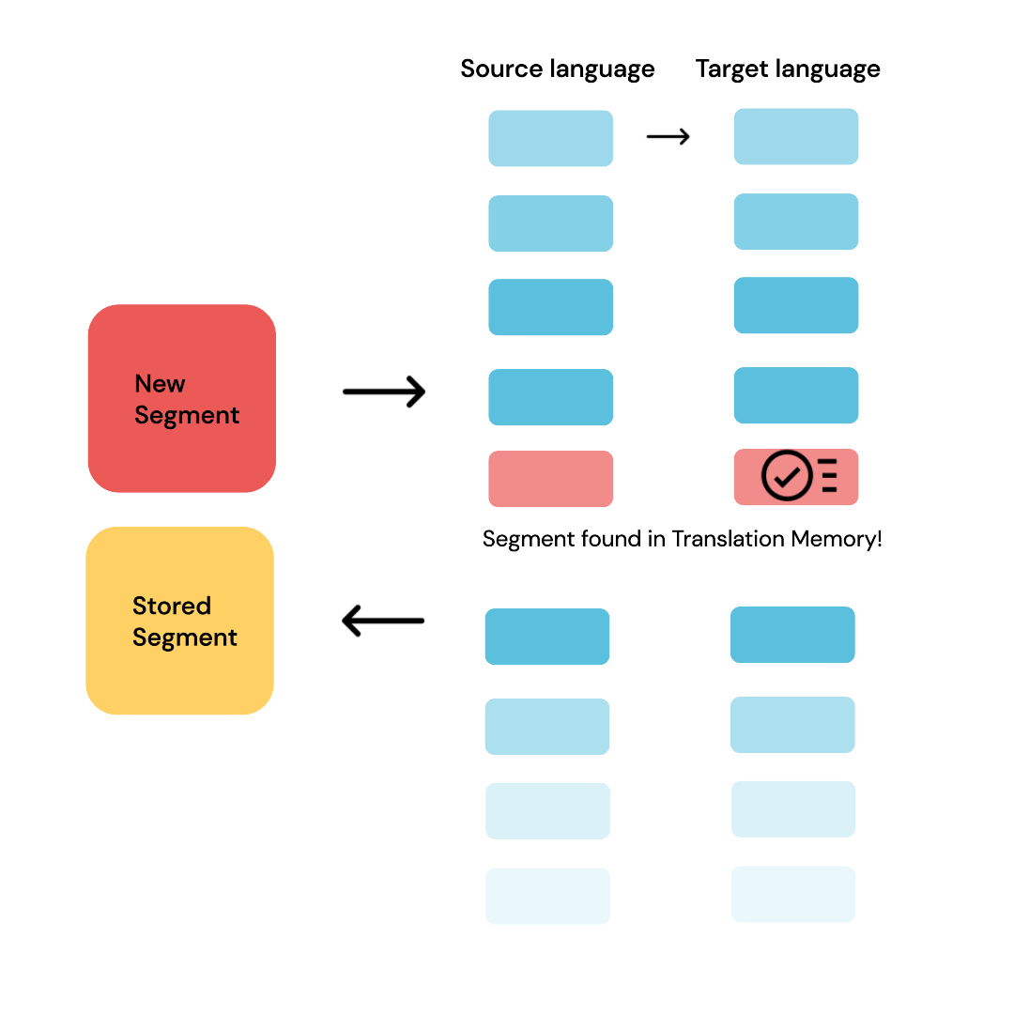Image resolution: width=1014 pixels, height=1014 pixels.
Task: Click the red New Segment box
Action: point(181,398)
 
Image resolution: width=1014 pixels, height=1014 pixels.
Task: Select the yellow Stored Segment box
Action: point(179,621)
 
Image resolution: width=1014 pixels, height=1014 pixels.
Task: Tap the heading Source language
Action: point(557,69)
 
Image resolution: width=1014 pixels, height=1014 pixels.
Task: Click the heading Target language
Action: point(788,69)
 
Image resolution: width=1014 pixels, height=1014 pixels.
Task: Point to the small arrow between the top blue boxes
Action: point(668,137)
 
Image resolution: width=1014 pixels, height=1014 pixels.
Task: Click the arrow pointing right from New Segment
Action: point(384,392)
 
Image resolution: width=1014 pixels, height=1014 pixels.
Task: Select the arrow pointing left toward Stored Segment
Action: point(383,621)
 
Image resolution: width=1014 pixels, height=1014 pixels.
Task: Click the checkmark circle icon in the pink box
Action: point(786,477)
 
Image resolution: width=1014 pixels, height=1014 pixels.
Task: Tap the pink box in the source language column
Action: point(550,479)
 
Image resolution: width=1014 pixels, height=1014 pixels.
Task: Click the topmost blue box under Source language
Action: point(550,139)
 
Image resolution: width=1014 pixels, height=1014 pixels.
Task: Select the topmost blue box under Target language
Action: point(795,137)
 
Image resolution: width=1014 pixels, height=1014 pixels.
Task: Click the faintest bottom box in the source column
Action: point(547,896)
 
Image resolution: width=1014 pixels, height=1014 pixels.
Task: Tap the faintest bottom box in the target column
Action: point(792,894)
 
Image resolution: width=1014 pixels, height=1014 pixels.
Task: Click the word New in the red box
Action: point(160,384)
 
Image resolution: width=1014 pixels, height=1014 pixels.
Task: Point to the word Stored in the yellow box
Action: point(171,606)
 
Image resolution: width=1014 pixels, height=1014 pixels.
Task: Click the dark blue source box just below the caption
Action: point(546,637)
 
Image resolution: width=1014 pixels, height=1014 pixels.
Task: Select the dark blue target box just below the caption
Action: point(792,635)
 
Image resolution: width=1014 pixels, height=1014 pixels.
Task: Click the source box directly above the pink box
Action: point(550,397)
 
